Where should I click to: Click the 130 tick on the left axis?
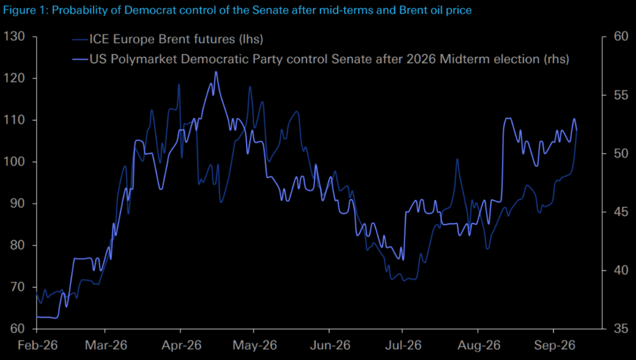click(14, 37)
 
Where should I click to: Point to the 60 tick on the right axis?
click(621, 37)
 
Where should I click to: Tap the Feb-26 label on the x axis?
click(38, 345)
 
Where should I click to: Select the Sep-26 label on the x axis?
click(555, 345)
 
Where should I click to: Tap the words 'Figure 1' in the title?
click(24, 10)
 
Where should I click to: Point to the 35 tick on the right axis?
click(621, 328)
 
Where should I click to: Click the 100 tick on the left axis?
click(14, 162)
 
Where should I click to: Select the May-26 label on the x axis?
click(255, 345)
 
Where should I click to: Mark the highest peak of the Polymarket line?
click(216, 72)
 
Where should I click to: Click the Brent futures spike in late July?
click(457, 159)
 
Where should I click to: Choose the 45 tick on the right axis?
click(621, 212)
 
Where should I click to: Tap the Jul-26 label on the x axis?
click(404, 345)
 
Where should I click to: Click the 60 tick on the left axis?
click(17, 328)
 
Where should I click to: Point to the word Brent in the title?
click(412, 10)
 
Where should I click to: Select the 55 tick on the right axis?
click(621, 95)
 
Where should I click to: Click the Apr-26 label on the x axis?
click(181, 345)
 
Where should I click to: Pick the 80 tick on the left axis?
click(17, 245)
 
